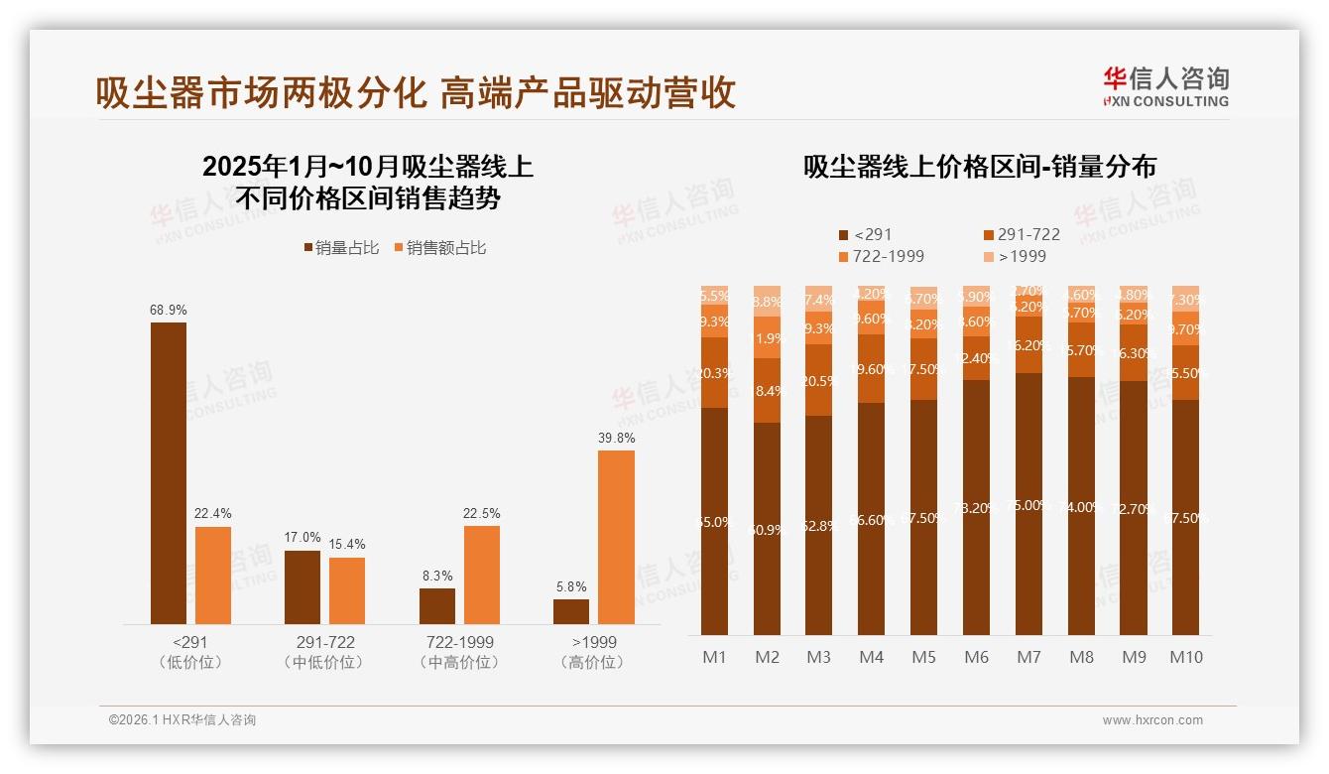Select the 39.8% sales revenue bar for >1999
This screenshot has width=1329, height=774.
pos(616,537)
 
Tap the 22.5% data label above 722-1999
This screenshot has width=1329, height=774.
pos(482,513)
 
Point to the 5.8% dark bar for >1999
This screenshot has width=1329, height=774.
pos(571,611)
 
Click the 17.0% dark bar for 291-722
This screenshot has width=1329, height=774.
pos(302,587)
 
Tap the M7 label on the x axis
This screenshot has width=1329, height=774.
pos(1028,657)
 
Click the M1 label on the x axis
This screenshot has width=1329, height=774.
pos(714,657)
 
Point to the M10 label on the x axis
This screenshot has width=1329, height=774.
pos(1185,657)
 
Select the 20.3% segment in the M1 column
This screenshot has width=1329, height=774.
pos(714,373)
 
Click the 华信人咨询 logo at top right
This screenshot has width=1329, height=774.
pos(1165,86)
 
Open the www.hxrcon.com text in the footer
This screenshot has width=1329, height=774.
pos(1152,720)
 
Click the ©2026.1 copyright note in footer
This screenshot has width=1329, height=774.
pos(182,720)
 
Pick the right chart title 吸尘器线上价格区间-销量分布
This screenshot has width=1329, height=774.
pos(979,167)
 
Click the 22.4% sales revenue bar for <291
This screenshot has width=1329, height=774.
pos(213,576)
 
